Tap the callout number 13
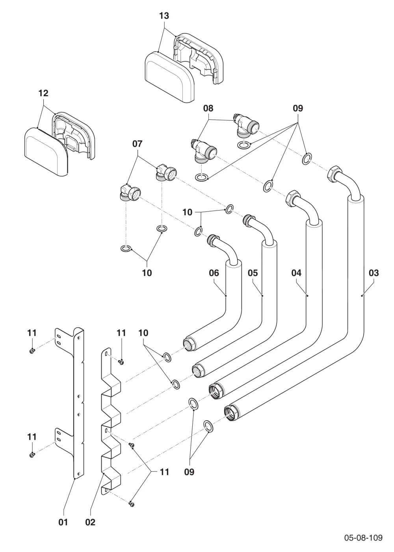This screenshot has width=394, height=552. point(164,16)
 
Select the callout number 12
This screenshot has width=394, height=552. point(43,93)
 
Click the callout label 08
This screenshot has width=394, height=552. point(208,108)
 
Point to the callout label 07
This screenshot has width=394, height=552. point(138,144)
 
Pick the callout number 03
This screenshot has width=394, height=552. point(374,273)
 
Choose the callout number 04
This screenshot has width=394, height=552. point(296,273)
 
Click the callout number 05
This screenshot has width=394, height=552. point(253,273)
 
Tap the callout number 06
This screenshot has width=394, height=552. point(214,273)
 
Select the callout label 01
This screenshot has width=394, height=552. point(63,522)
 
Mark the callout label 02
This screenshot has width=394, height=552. point(90,522)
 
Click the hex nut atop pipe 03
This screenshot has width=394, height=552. point(334,173)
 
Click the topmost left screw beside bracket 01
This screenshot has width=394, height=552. point(32,351)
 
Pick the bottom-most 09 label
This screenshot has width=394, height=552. point(189,472)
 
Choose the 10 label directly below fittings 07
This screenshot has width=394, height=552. point(147,273)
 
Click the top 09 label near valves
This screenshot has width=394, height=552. point(298,108)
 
